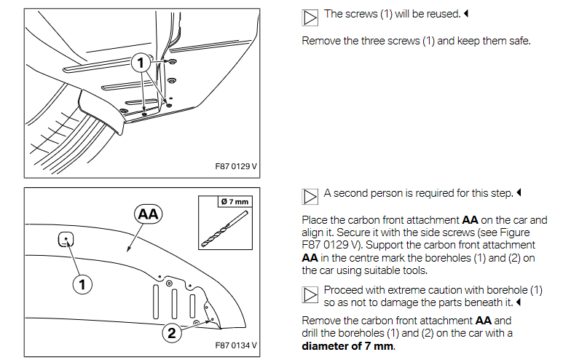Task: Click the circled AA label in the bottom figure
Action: tap(149, 214)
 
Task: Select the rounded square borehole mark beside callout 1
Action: tap(64, 239)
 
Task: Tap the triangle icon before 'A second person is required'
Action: tap(310, 195)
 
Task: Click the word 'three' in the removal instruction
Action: tap(374, 41)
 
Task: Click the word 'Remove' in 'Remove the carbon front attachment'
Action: tap(320, 321)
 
